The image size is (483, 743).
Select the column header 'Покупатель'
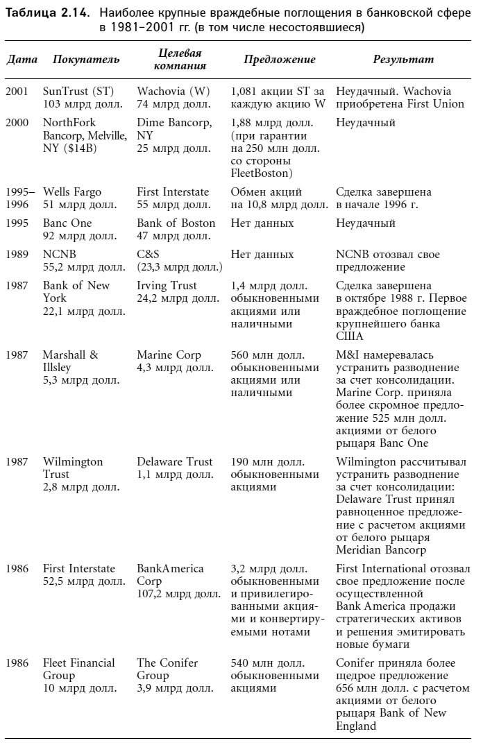point(86,60)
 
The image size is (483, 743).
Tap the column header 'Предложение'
point(279,60)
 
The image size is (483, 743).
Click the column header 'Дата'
point(22,60)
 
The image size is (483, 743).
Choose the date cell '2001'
point(17,92)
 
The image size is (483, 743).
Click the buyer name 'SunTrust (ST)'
point(78,92)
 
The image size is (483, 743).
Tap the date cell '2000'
point(17,123)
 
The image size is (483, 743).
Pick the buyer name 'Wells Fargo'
point(72,192)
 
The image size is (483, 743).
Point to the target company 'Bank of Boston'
point(176,223)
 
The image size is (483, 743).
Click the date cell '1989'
point(17,255)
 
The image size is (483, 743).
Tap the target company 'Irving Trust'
point(167,286)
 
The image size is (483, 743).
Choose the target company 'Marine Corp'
point(169,355)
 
